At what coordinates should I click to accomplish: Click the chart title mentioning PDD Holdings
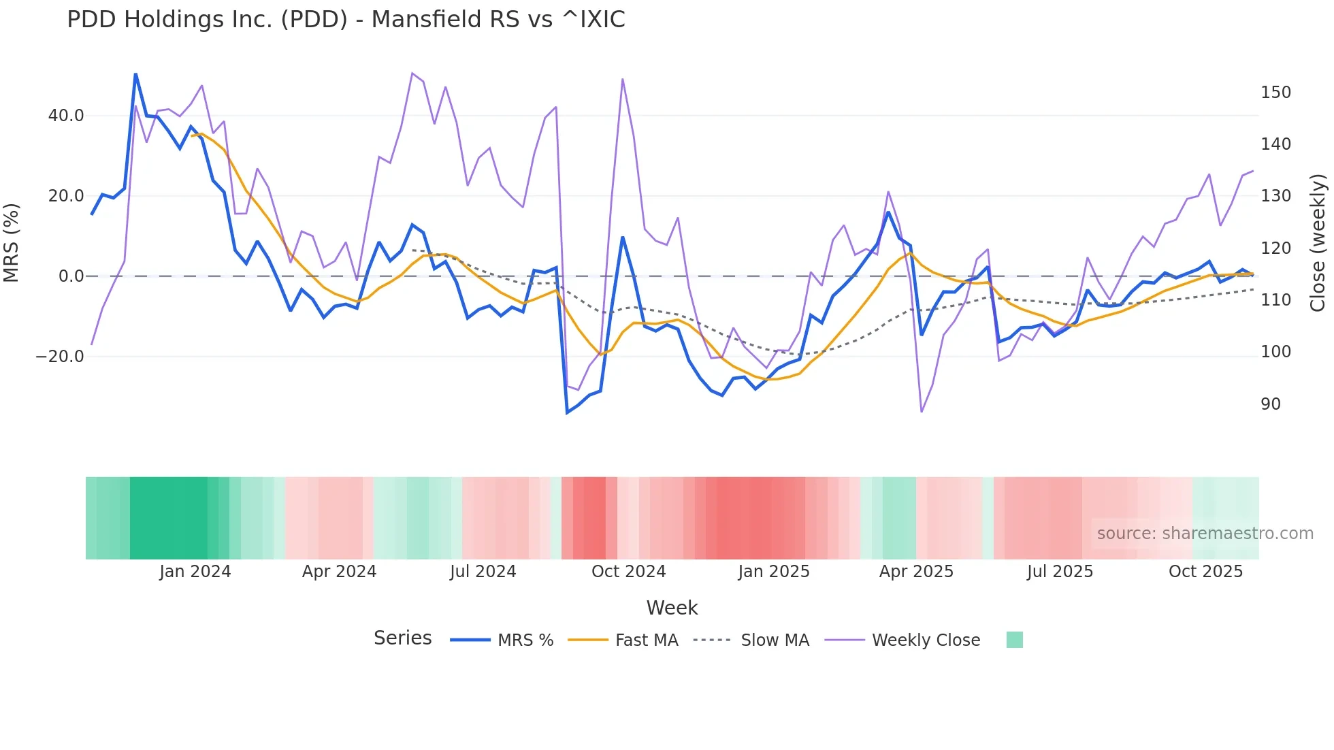tap(346, 20)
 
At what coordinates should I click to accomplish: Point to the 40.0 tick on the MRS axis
tap(66, 116)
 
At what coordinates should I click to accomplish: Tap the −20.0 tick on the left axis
tap(60, 357)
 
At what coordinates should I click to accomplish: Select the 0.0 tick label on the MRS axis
tap(71, 276)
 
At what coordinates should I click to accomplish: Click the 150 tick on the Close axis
tap(1275, 93)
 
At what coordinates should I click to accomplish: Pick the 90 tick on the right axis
tap(1271, 404)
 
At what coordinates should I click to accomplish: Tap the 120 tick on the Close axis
tap(1275, 248)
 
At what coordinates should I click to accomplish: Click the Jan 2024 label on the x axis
tap(195, 572)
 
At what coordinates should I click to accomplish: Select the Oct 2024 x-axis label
tap(628, 572)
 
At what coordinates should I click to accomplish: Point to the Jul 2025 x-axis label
tap(1060, 572)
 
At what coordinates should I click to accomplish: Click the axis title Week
tap(672, 608)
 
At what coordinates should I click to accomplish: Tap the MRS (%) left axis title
tap(12, 242)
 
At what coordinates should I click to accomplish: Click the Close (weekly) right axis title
tap(1318, 243)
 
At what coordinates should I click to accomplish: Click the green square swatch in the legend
tap(1014, 640)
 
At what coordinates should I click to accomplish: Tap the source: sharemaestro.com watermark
tap(1205, 534)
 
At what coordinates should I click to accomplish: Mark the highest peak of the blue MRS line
tap(135, 74)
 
